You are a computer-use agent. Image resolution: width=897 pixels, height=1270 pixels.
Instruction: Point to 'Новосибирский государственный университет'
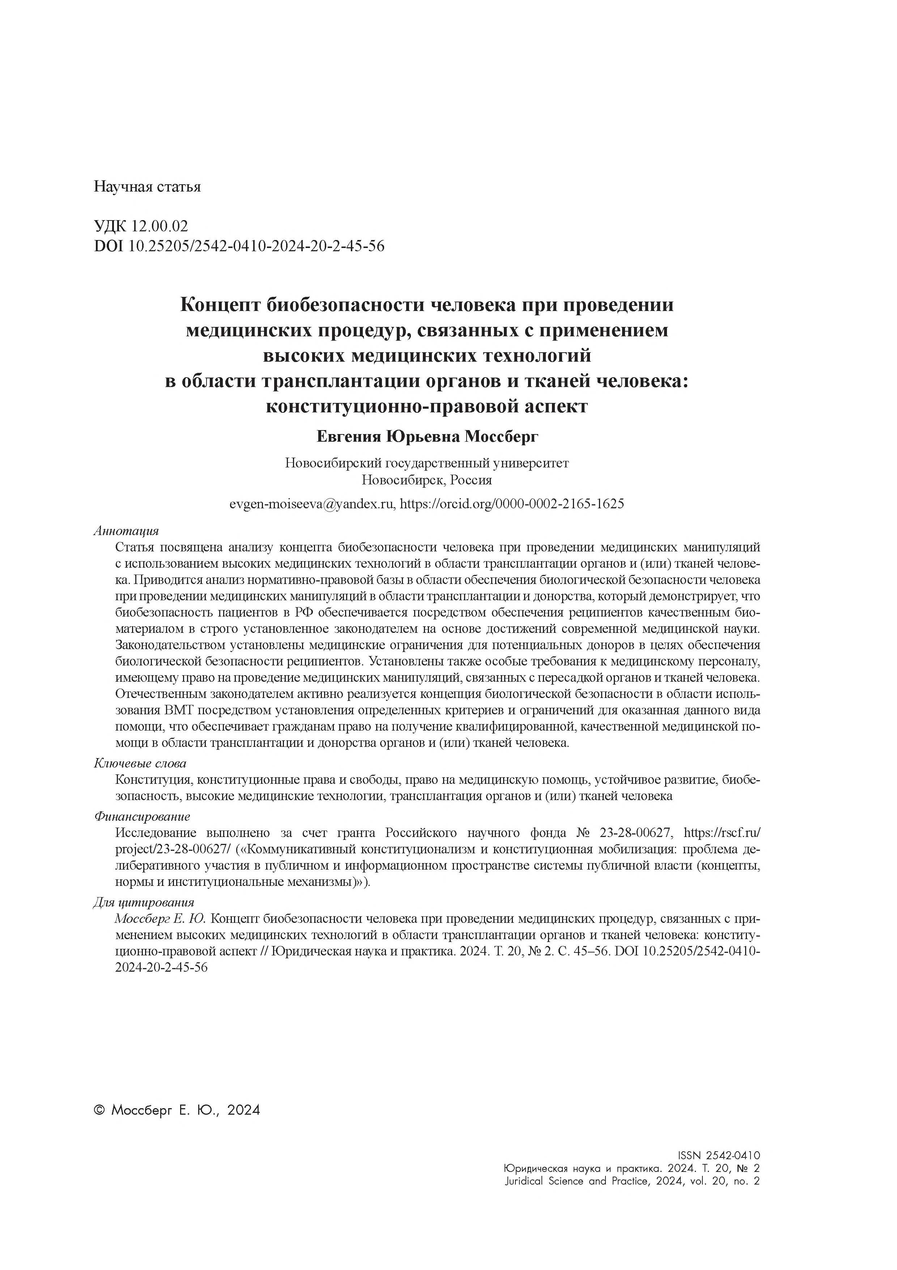427,463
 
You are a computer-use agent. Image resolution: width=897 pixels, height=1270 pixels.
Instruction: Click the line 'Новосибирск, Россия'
427,480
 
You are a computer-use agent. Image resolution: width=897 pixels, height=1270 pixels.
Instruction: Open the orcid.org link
512,504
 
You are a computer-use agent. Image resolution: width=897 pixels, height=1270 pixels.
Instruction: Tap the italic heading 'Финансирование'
142,816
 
